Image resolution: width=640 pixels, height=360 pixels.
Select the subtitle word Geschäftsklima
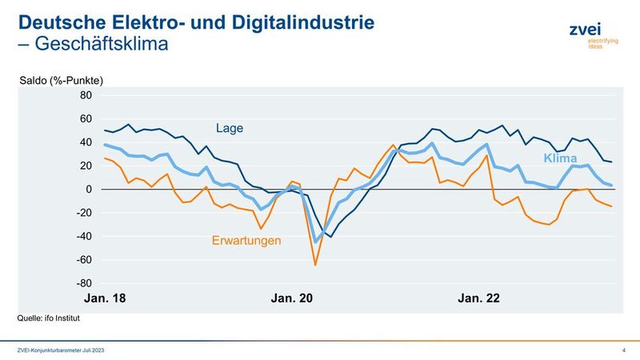point(100,44)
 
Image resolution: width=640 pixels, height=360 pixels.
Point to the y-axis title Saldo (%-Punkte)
point(62,80)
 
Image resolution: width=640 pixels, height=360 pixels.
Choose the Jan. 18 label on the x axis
point(104,298)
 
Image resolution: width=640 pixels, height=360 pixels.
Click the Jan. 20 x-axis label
point(292,298)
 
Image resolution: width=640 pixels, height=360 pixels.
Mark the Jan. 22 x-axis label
point(478,298)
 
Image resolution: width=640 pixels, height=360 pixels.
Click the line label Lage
point(229,128)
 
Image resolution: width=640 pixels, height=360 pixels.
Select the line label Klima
point(560,158)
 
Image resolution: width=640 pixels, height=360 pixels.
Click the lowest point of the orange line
point(315,265)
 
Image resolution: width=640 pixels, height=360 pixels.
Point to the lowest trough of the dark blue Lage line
point(330,237)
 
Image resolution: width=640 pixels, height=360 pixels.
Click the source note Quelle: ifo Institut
point(49,318)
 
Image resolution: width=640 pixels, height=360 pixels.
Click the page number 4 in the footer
point(622,351)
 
